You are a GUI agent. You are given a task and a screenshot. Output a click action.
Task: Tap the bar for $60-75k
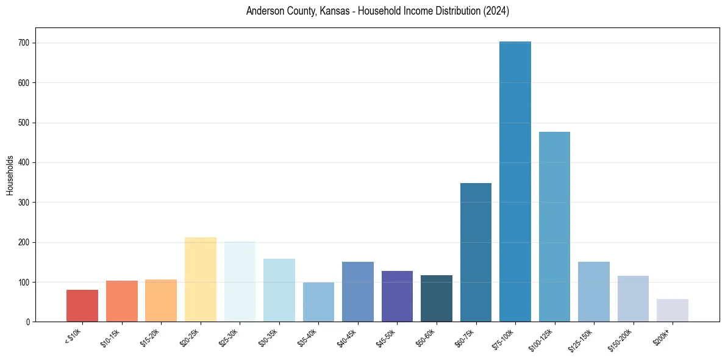476,253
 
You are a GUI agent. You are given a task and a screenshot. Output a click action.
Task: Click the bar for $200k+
673,311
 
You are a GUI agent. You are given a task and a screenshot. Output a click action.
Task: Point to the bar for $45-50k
397,297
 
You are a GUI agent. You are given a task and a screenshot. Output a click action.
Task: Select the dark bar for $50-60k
437,298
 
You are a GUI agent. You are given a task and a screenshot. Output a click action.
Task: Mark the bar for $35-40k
318,302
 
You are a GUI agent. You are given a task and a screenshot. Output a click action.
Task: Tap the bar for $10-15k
122,301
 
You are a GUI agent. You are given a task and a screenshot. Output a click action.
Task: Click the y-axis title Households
10,175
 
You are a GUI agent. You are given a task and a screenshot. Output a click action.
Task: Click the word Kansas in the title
332,12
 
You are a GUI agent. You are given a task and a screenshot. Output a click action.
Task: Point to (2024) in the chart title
496,12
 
